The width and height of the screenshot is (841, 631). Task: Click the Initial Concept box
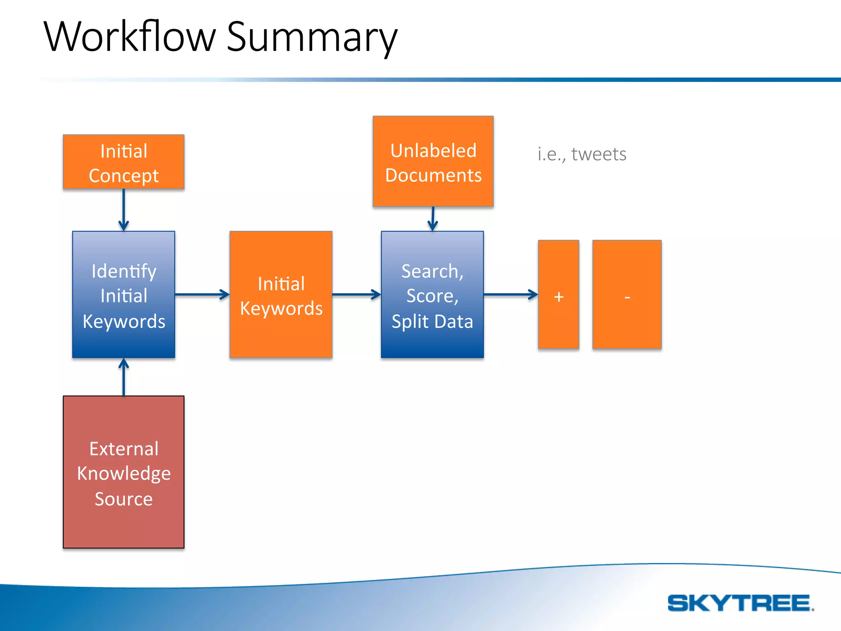point(124,162)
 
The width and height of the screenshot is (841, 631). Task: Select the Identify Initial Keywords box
point(124,295)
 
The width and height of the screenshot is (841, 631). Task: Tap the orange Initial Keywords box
point(281,295)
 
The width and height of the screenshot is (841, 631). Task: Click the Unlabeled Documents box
point(433,161)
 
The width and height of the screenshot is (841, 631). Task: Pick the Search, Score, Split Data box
point(432,295)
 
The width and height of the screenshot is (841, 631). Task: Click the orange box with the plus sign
point(558,295)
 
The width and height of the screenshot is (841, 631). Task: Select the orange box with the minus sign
point(627,295)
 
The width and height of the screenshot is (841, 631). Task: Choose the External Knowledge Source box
point(124,472)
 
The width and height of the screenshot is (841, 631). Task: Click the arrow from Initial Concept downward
point(124,210)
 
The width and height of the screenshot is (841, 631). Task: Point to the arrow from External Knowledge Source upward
point(124,377)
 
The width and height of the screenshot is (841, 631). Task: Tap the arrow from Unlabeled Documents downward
point(433,219)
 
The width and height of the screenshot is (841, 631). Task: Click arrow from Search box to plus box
point(511,294)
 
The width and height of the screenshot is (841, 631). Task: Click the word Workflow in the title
point(129,37)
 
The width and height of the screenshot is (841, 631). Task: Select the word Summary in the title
point(312,38)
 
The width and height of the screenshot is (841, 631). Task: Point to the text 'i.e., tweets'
point(582,154)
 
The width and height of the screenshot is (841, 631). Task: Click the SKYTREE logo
point(740,603)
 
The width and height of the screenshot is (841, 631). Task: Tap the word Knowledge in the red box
point(124,474)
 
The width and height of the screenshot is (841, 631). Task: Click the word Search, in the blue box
point(432,271)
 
